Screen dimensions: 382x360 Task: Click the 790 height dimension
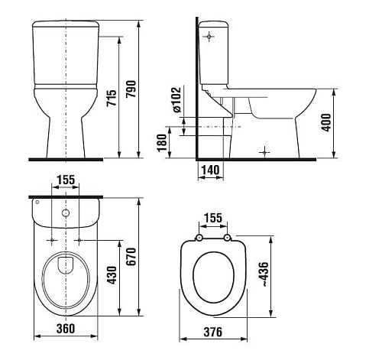coord(131,89)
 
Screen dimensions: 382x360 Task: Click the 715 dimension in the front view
coord(112,98)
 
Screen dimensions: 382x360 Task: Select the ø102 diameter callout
coord(176,99)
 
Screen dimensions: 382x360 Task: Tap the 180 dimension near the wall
coord(161,143)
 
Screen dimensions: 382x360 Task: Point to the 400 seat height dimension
coord(326,122)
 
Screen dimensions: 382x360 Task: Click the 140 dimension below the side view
coord(210,170)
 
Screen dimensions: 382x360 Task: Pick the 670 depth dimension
coord(131,257)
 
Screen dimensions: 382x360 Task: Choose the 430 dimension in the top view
coord(112,275)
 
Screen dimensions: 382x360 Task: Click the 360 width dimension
coord(66,329)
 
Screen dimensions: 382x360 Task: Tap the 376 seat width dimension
coord(213,332)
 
